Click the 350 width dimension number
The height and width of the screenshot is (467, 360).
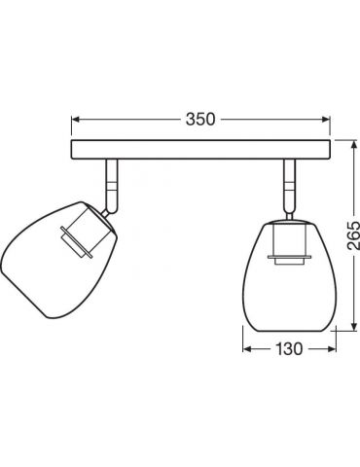pyautogui.click(x=200, y=119)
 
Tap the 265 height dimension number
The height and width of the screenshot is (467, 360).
pyautogui.click(x=353, y=235)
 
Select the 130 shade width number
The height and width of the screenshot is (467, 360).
pyautogui.click(x=289, y=348)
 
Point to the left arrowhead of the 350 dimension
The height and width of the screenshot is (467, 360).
pyautogui.click(x=76, y=120)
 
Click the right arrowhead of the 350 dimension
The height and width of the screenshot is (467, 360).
pyautogui.click(x=326, y=120)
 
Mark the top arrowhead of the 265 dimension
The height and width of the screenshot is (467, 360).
pyautogui.click(x=353, y=144)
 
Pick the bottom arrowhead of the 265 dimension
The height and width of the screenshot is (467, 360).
pyautogui.click(x=353, y=327)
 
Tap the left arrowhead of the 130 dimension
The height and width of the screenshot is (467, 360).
pyautogui.click(x=247, y=349)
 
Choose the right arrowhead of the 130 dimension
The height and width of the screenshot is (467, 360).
pyautogui.click(x=332, y=349)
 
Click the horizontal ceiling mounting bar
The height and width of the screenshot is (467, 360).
pyautogui.click(x=200, y=150)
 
